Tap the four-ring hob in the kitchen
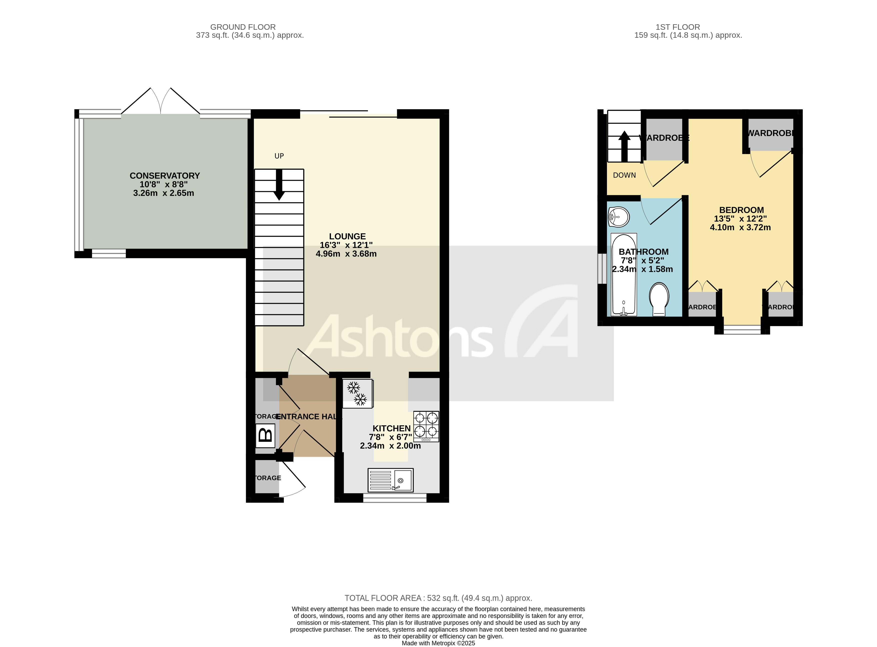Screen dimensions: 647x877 tap(426, 426)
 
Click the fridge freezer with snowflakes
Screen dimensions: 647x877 tap(357, 393)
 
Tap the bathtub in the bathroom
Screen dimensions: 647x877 tap(624, 274)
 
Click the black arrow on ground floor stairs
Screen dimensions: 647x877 tap(279, 184)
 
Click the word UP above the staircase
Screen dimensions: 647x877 tap(279, 156)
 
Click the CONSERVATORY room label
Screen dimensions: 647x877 tap(165, 175)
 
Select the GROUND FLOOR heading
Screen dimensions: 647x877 tap(243, 27)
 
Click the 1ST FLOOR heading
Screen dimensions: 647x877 tap(678, 27)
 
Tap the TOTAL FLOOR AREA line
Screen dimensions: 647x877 tap(438, 598)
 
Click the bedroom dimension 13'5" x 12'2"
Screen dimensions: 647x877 tap(740, 218)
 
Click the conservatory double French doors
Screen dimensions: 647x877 tap(161, 102)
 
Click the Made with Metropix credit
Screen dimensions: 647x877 tap(438, 643)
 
